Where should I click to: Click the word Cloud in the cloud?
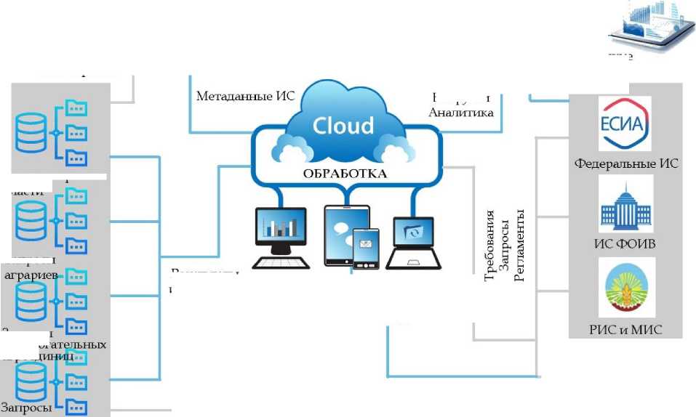[x=343, y=124]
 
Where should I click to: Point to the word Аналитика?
[x=461, y=113]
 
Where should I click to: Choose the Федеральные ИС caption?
[x=626, y=164]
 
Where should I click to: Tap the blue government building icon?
[x=625, y=205]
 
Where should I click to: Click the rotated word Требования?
[x=490, y=246]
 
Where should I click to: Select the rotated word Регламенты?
[x=519, y=246]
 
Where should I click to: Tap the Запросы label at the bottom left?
[x=26, y=408]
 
